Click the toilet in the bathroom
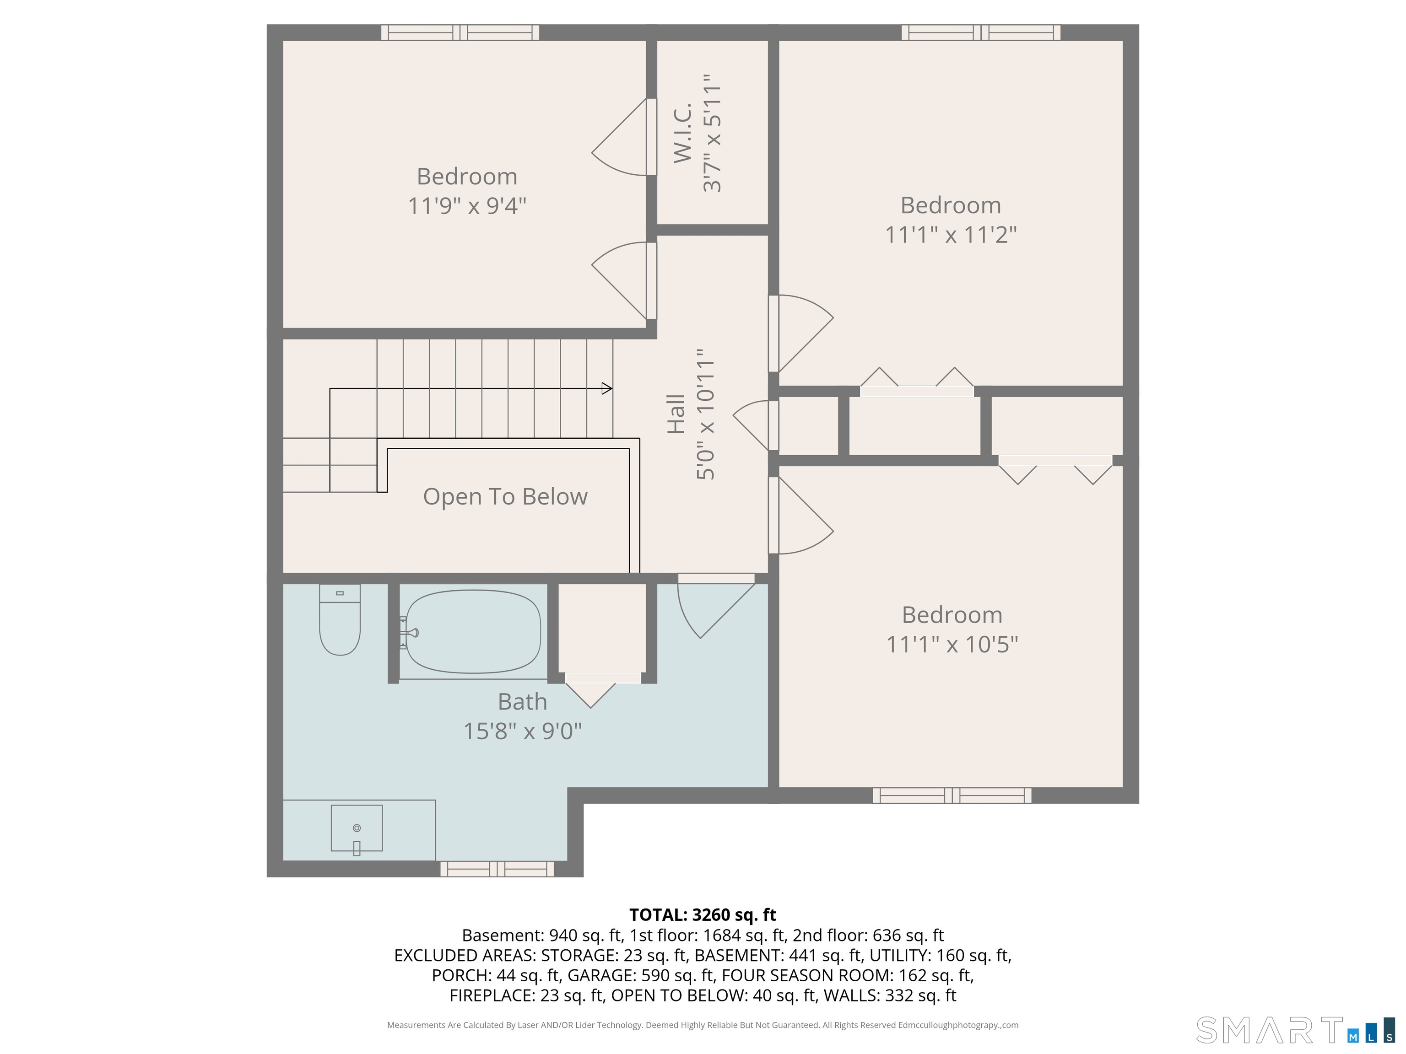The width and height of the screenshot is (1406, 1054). coord(340,619)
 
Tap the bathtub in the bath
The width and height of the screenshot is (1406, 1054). coord(473,631)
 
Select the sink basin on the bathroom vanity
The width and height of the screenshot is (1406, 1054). coord(357,828)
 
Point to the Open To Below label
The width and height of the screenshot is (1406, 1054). coord(505,497)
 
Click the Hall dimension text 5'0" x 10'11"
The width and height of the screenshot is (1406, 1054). coord(706,414)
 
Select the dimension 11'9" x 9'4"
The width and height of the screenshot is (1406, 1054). coord(467,206)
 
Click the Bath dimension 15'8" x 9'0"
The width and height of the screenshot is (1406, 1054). coord(523,731)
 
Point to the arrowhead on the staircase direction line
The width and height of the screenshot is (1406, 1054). coord(607,388)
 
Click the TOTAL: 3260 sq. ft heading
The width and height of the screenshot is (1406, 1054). coord(703,915)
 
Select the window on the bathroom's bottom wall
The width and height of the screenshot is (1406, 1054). coord(497,868)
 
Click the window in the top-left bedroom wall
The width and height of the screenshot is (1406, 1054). coord(460,32)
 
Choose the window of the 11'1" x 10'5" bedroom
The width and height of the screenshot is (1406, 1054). coord(952,796)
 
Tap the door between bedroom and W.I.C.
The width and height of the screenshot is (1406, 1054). coord(620,137)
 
